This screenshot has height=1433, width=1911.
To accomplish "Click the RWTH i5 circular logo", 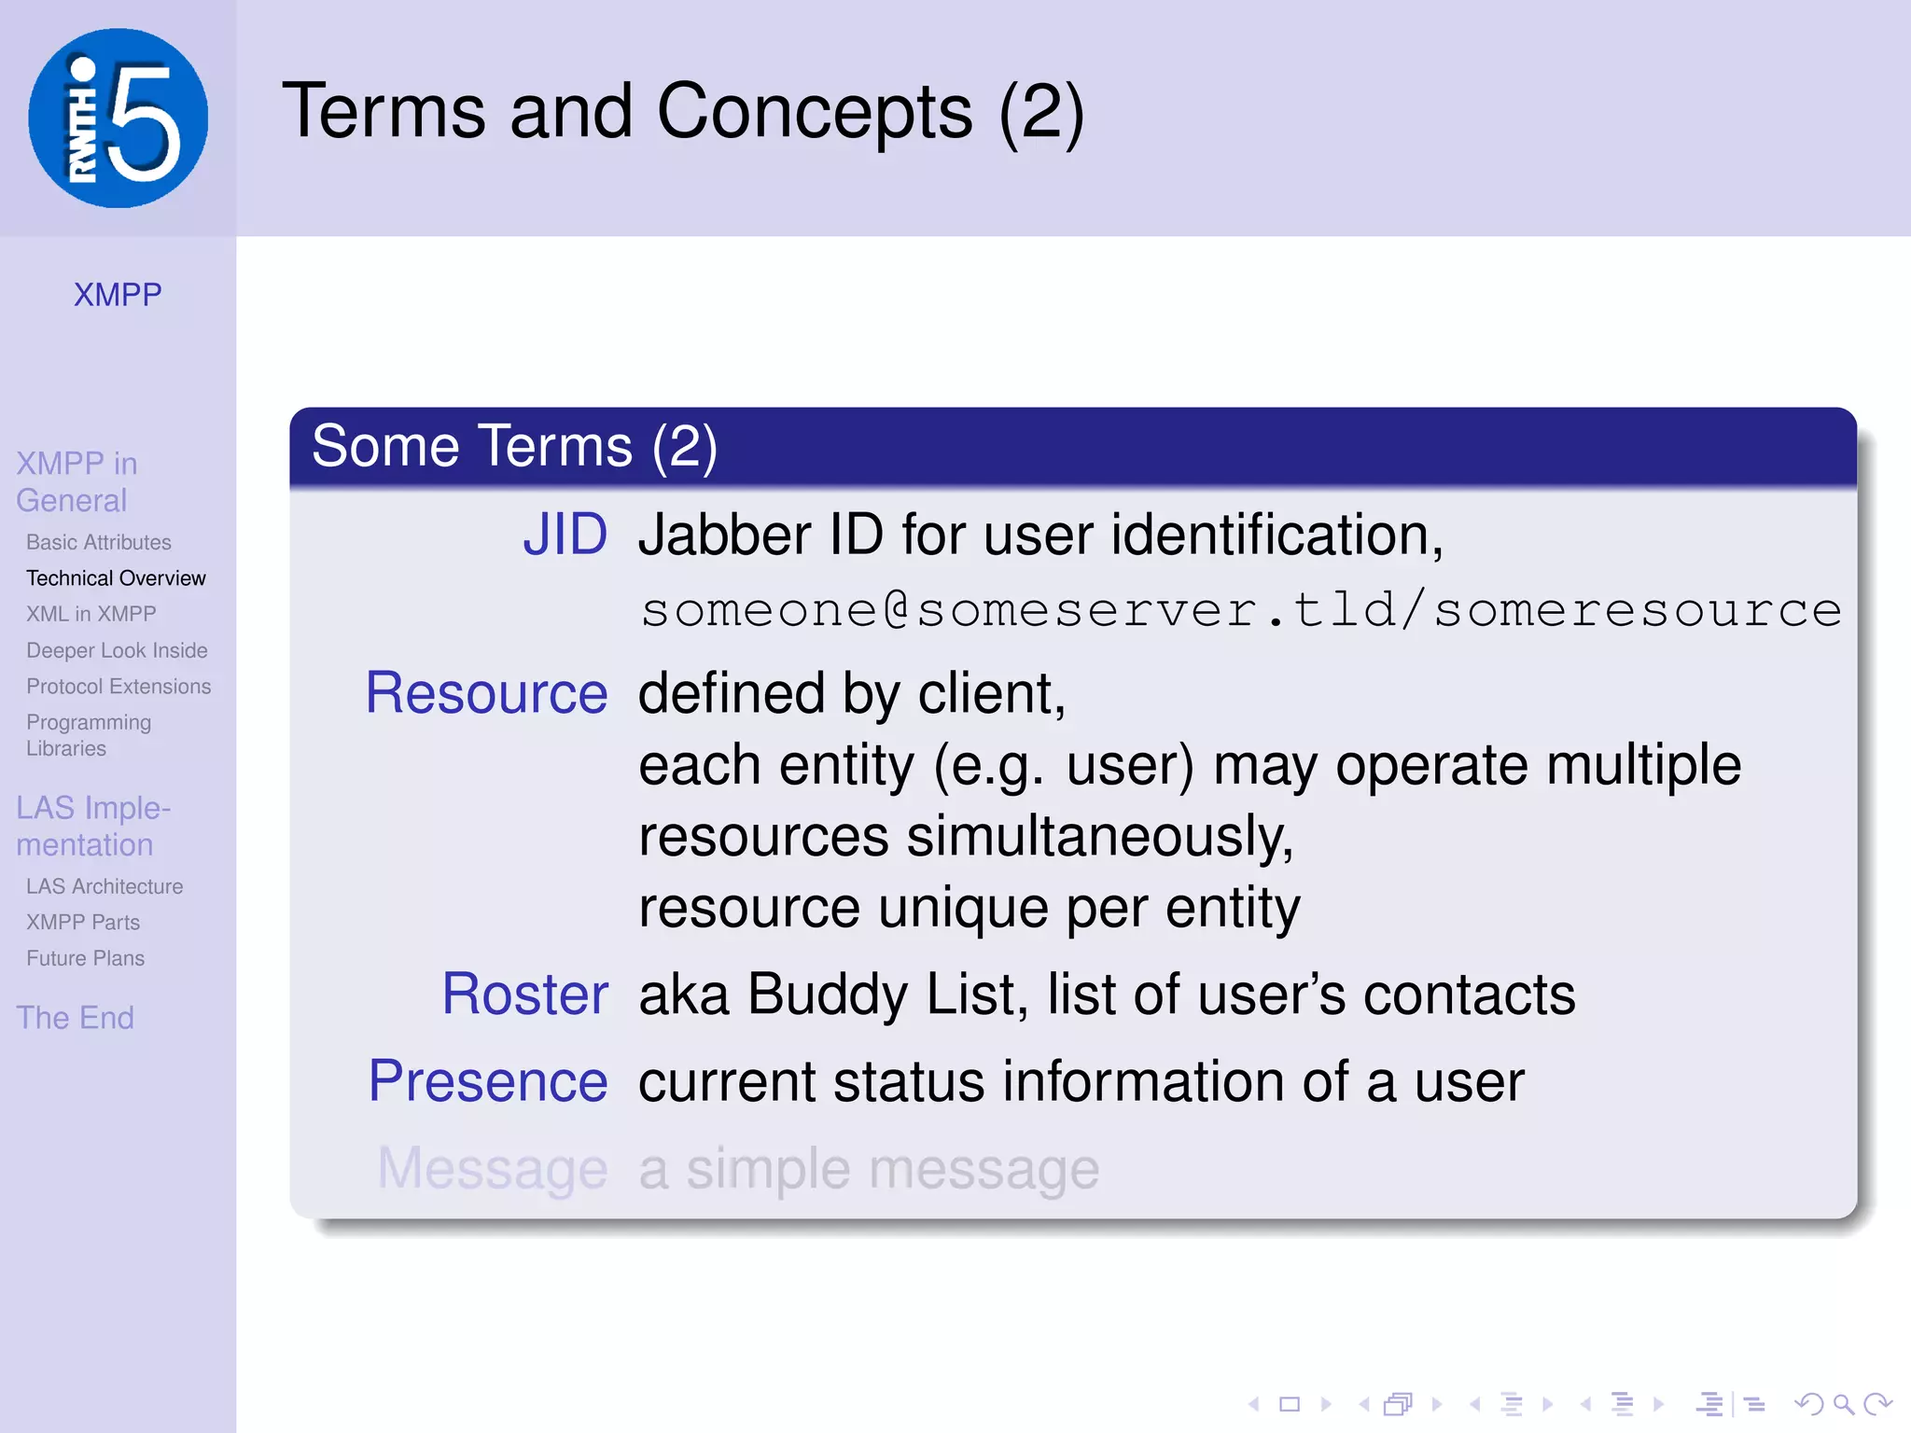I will (x=118, y=118).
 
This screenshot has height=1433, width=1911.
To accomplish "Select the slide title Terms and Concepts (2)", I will (x=683, y=112).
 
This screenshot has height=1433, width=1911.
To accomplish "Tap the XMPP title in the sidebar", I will (x=118, y=295).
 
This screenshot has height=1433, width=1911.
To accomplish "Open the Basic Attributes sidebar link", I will (x=99, y=542).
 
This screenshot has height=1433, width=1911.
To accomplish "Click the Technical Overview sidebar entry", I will (x=116, y=578).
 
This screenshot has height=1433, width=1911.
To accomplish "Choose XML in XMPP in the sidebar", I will (x=91, y=614).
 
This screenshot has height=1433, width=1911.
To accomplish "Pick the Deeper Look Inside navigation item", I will (x=117, y=650).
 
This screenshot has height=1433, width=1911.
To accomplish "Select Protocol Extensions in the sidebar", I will (x=119, y=687).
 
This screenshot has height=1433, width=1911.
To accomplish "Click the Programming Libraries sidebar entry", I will (x=89, y=735).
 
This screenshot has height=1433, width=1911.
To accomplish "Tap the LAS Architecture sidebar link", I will (x=105, y=886).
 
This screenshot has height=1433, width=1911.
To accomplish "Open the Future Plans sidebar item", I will (x=85, y=958).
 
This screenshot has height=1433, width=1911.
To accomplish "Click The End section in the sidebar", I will (x=75, y=1018).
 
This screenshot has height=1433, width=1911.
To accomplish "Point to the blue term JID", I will (x=565, y=536).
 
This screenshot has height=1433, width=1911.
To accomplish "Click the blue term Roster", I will (x=524, y=995).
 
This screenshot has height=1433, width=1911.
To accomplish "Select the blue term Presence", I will (x=488, y=1082).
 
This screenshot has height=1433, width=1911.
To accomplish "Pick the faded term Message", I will (x=492, y=1169).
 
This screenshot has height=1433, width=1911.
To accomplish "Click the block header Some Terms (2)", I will (x=514, y=446).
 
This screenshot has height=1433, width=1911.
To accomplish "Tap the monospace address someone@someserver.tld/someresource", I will (x=1241, y=610).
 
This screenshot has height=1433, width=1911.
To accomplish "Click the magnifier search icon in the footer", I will (x=1843, y=1404).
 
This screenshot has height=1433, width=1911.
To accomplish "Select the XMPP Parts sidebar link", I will (x=83, y=923).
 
